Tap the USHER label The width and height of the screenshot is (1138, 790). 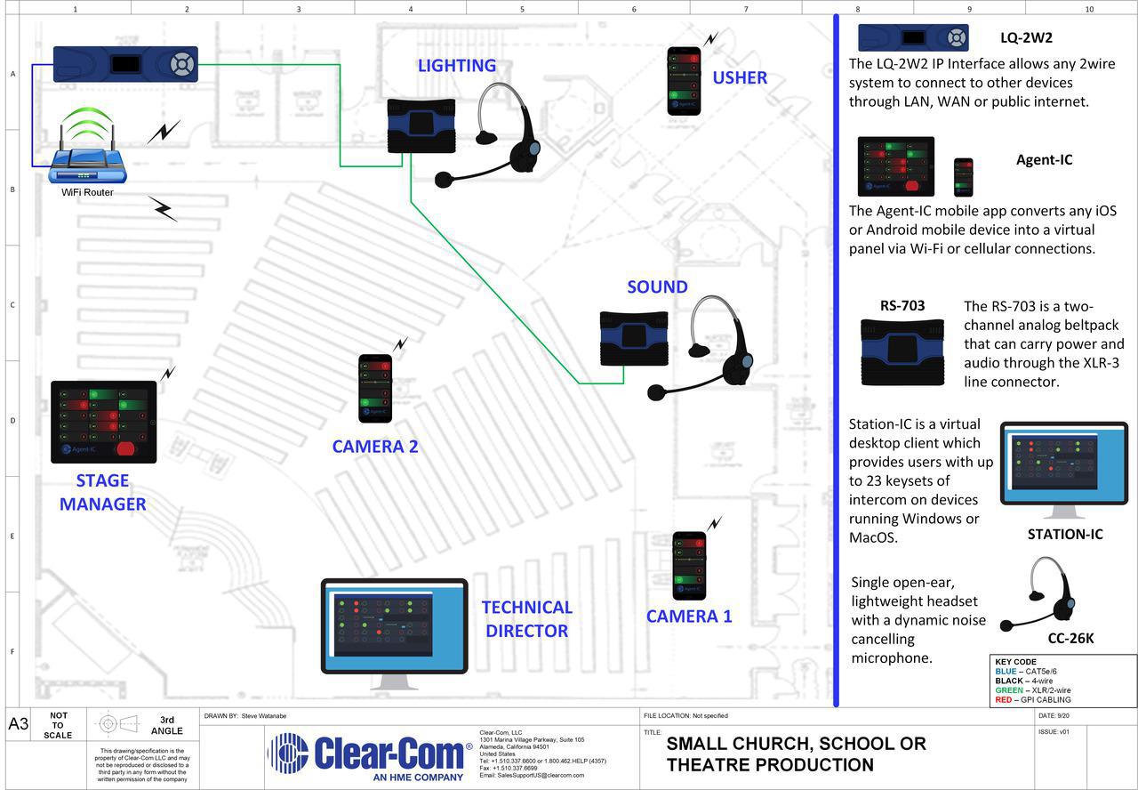click(739, 77)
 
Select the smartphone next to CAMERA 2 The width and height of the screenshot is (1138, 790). click(374, 389)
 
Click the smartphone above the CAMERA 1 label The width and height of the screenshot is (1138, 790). click(689, 567)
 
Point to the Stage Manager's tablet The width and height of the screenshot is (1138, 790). click(103, 422)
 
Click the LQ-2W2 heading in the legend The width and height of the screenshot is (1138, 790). click(1026, 38)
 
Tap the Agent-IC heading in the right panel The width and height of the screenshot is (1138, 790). click(1044, 160)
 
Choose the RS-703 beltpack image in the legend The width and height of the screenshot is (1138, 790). click(902, 351)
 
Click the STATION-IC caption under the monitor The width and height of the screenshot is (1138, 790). click(1064, 535)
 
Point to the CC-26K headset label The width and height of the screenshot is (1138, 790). click(1070, 638)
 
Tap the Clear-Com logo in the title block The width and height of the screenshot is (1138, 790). click(369, 755)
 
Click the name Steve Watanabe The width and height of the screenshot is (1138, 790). click(264, 715)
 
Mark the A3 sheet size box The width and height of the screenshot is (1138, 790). click(19, 723)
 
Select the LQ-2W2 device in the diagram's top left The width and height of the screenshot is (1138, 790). click(125, 64)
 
